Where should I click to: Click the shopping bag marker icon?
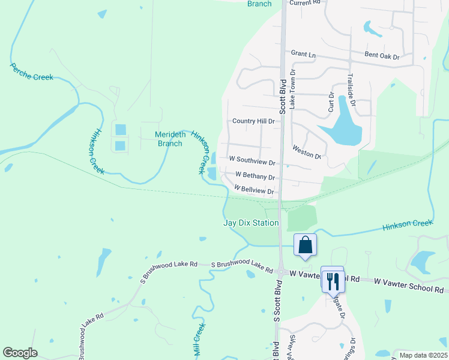tap(305, 245)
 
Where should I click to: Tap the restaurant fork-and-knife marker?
tap(333, 280)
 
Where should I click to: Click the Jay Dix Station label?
tap(251, 223)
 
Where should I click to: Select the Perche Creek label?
tap(32, 73)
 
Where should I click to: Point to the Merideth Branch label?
tap(169, 139)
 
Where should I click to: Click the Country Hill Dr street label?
tap(253, 121)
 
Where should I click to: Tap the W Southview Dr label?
tap(252, 162)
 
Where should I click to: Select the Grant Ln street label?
tap(303, 54)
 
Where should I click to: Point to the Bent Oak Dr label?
tap(382, 56)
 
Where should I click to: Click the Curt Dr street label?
tap(331, 103)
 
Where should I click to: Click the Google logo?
tap(20, 353)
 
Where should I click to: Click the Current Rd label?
tap(304, 3)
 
